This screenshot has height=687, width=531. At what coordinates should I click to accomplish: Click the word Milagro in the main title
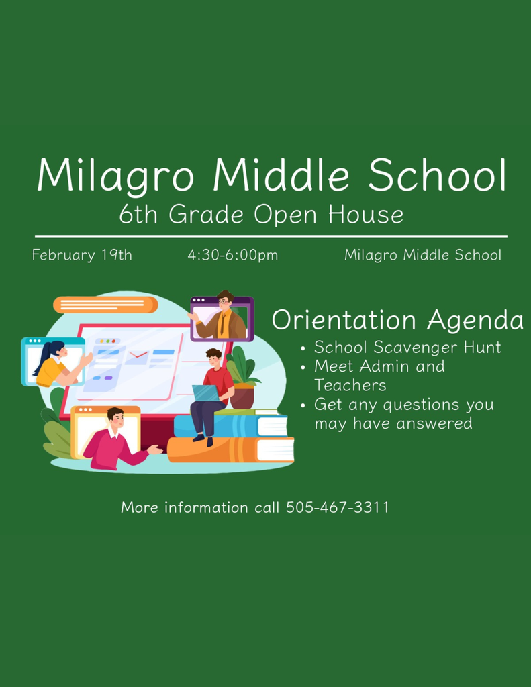tap(115, 176)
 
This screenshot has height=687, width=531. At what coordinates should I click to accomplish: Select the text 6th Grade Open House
tap(261, 215)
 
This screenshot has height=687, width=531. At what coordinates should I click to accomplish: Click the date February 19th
tap(82, 255)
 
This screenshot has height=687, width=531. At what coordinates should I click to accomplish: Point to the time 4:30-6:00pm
tap(232, 255)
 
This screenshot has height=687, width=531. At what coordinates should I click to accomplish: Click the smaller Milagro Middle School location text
tap(422, 255)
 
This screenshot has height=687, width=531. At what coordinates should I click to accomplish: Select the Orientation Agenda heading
tap(397, 320)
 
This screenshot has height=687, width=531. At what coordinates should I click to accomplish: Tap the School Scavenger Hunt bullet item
tap(407, 348)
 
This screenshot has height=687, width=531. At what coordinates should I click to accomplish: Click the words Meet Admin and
tap(379, 366)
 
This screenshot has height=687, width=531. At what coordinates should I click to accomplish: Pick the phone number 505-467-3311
tap(338, 507)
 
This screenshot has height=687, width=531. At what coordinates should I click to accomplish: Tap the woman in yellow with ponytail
tap(54, 364)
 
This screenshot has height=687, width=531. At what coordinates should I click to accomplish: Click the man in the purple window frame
tap(223, 317)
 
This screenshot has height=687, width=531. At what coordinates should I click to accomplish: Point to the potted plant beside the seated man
tap(242, 382)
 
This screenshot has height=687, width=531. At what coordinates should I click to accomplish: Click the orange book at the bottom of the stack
tap(231, 450)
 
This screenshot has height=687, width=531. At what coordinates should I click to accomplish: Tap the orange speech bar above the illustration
tap(105, 305)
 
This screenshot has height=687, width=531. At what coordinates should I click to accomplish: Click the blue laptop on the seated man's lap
tap(205, 393)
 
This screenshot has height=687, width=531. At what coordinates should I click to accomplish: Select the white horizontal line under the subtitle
tap(271, 237)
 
